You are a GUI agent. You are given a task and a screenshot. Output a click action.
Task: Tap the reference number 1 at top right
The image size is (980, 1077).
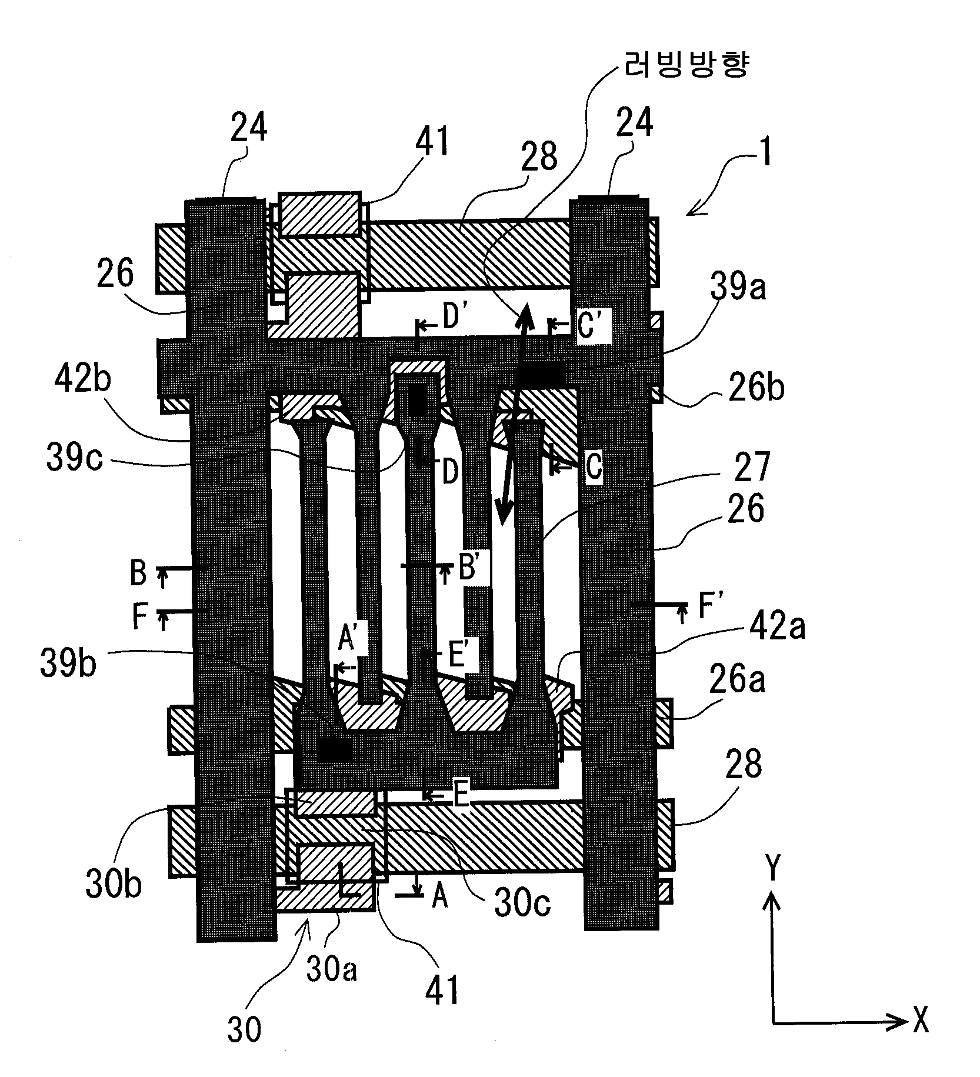(x=764, y=151)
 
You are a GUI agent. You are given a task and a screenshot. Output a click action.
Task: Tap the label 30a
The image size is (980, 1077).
(x=332, y=968)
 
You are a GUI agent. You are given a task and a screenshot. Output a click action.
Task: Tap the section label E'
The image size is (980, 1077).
(x=461, y=656)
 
